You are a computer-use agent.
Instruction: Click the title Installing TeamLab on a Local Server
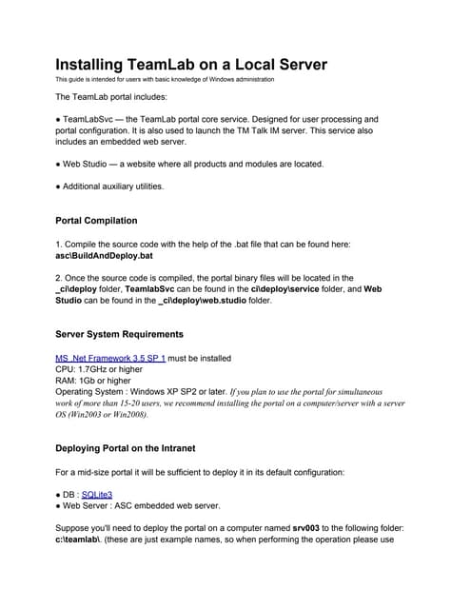pos(191,65)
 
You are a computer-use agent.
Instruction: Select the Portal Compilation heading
pos(96,221)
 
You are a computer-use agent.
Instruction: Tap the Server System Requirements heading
pos(119,335)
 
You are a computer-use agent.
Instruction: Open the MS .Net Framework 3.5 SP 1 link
pos(110,358)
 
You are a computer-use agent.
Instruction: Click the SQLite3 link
pos(97,494)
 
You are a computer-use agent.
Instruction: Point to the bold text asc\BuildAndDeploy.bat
pos(105,256)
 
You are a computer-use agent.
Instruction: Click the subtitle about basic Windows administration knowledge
pos(165,79)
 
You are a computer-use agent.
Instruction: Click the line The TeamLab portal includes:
pos(110,97)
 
